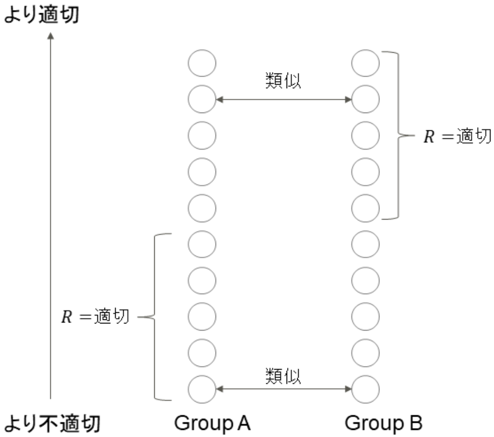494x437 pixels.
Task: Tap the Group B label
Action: point(383,422)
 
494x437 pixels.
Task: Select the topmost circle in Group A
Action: point(202,63)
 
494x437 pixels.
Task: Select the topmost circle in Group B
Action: point(365,63)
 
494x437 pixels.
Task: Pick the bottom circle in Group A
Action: point(202,389)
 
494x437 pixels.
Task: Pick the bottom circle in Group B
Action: point(365,389)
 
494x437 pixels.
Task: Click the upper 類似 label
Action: point(283,82)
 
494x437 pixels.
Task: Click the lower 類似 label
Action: point(283,376)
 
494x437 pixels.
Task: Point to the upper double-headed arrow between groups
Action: point(284,100)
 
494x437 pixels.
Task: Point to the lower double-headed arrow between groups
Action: point(284,389)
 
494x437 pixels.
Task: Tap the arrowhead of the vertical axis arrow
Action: point(50,36)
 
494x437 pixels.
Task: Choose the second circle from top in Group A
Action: point(202,100)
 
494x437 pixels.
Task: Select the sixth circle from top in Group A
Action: point(202,244)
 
